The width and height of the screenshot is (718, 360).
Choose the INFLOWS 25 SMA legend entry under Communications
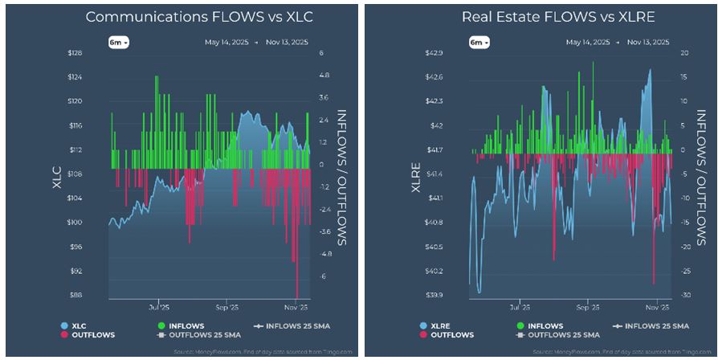pos(292,325)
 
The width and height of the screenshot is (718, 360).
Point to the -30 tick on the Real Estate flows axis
pos(684,295)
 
